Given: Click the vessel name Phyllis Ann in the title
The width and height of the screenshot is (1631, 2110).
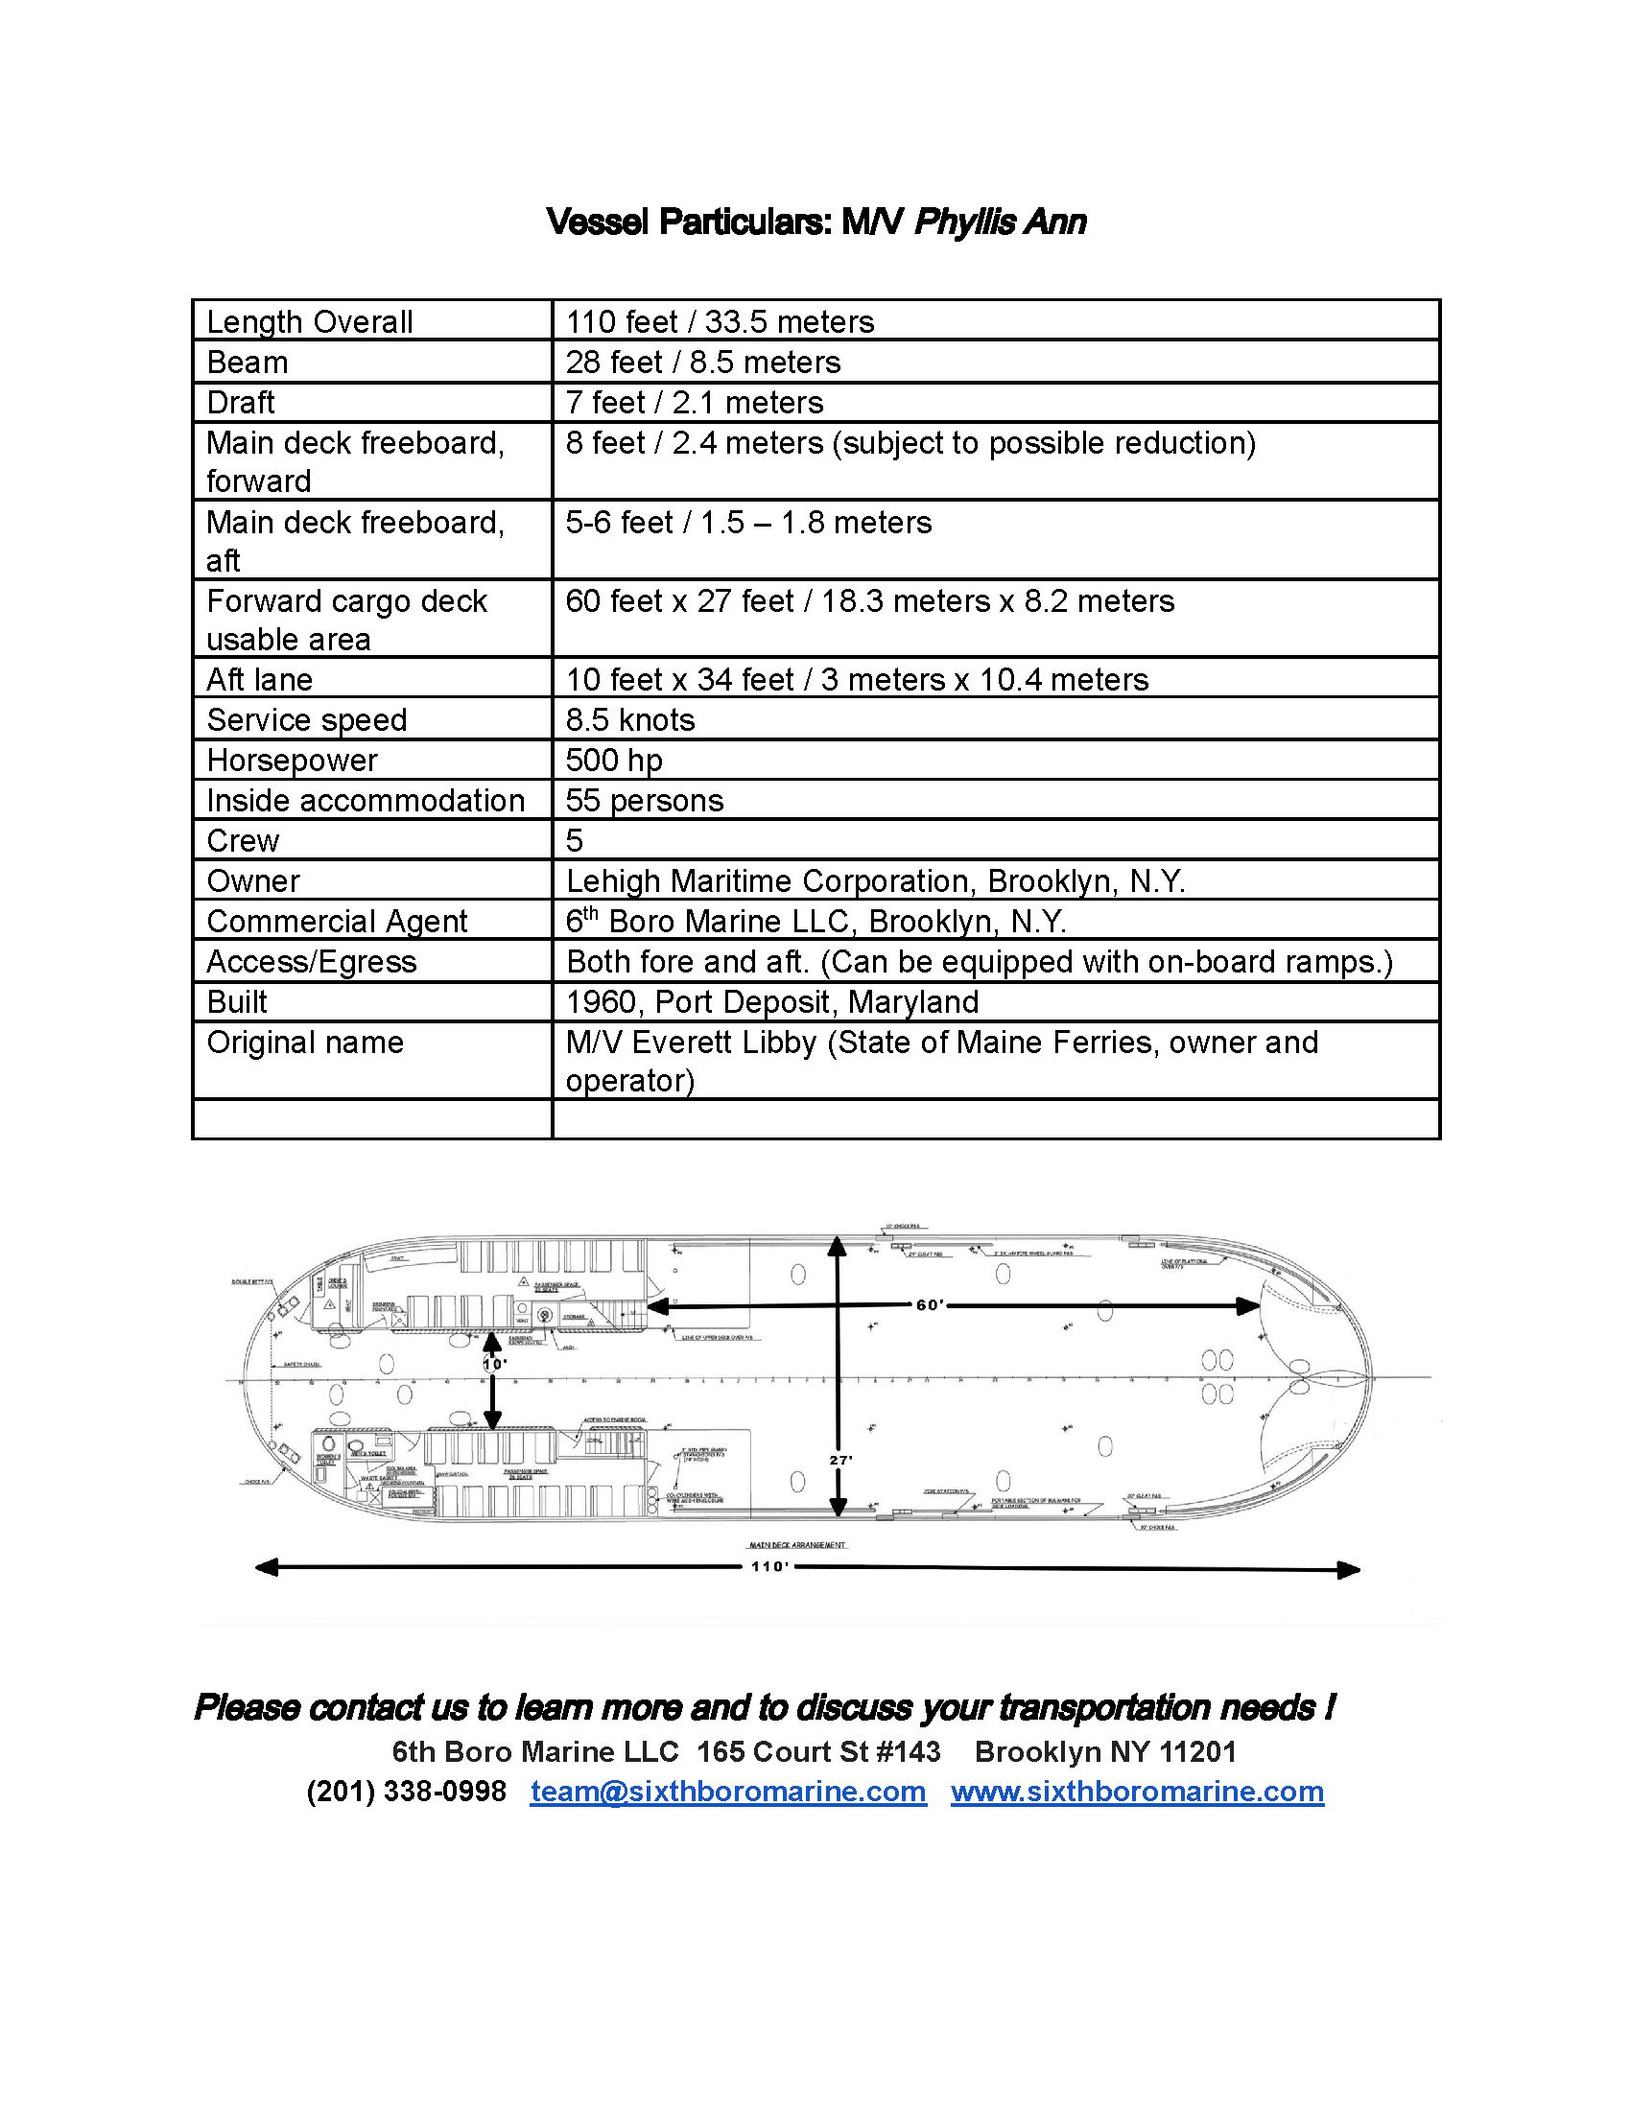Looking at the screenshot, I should coord(999,223).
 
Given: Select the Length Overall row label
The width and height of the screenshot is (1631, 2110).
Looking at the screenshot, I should coord(309,321).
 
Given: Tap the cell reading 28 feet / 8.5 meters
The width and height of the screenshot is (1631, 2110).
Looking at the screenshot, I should coord(702,363).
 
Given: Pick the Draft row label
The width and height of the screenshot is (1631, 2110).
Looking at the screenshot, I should coord(241,402).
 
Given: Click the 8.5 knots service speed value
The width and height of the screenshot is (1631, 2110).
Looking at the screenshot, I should coord(630,719).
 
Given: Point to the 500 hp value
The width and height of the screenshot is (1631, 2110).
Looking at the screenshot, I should coord(614,761).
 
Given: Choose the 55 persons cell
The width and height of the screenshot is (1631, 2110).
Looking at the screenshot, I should coord(645,801).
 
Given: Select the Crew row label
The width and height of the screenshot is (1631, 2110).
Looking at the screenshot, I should coord(243,840).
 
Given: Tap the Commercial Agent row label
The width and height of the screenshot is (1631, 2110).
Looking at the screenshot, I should coord(336,922).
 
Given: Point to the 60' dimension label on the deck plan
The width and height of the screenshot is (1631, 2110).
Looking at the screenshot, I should coord(930,1305).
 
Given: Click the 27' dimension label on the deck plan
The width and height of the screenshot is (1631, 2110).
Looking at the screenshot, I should coord(840,1460).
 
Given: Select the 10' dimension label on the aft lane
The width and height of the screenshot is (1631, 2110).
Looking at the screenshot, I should coord(494,1365).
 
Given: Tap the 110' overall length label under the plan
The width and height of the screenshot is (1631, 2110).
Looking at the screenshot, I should coord(770,1566).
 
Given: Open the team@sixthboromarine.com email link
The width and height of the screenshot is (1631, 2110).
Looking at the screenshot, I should coord(727,1791).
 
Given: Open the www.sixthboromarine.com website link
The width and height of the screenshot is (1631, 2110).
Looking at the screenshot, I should coord(1136,1791).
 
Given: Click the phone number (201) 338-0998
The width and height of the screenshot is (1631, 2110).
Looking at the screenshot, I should coord(406,1791).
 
